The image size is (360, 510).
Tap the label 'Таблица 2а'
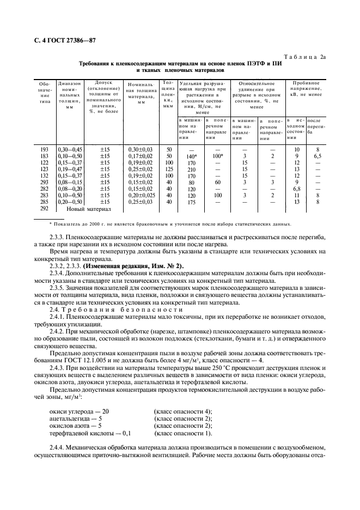[x=306, y=57]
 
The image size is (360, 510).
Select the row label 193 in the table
[x=44, y=149]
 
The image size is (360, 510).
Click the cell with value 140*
[x=191, y=156]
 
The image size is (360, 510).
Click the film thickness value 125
[x=169, y=169]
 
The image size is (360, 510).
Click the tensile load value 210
[x=191, y=169]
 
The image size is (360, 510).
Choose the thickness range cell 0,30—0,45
[x=69, y=149]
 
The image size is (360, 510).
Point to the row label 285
[x=44, y=202]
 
